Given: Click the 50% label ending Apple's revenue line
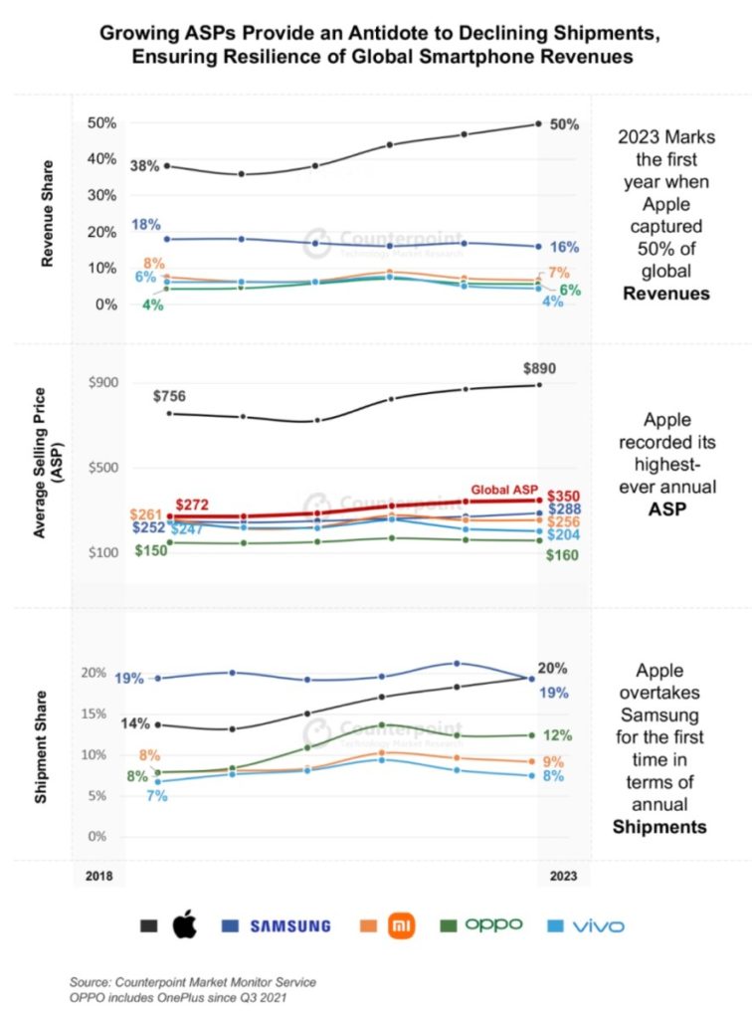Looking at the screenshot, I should click(564, 124).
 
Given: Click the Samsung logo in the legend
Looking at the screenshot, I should click(289, 925).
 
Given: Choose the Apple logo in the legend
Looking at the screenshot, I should click(184, 925).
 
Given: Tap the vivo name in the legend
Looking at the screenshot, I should click(598, 925).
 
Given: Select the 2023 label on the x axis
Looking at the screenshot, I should click(563, 877).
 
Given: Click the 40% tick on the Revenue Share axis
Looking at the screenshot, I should click(102, 159).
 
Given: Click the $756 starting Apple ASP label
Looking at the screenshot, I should click(169, 396).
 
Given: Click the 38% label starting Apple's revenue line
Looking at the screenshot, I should click(144, 166).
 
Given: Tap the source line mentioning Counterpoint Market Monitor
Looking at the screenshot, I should click(192, 982).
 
